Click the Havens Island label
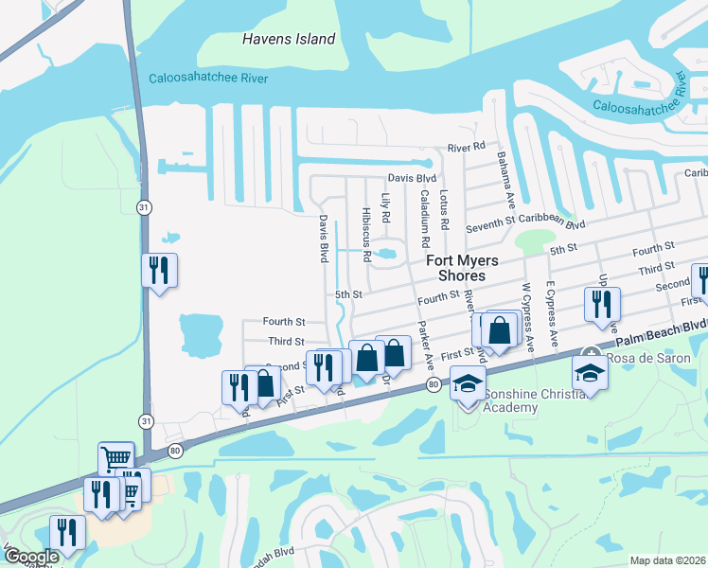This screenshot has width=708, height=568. [x=289, y=39]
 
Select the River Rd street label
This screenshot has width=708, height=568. [x=466, y=148]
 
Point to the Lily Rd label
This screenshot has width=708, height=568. [x=385, y=208]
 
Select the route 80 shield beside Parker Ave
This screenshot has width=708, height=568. [x=433, y=384]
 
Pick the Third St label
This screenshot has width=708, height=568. [x=286, y=342]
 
